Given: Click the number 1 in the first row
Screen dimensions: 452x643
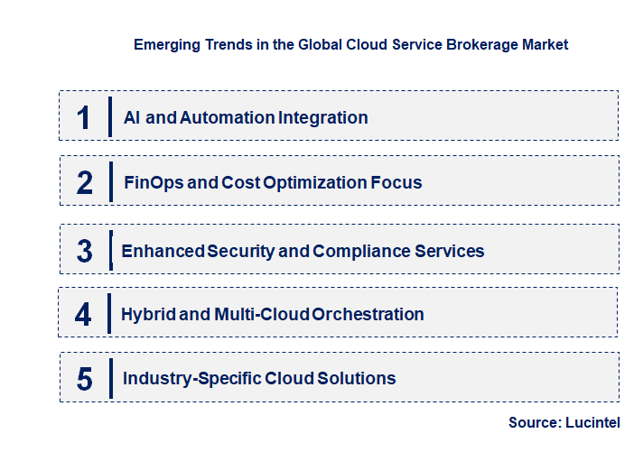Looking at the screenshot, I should (x=84, y=117).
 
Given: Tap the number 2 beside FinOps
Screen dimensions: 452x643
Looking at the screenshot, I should (x=85, y=183).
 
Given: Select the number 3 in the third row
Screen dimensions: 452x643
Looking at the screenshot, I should (x=85, y=251).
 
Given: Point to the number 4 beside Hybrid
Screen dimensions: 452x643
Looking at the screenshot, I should (x=84, y=315).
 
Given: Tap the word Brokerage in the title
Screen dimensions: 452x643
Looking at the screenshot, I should (x=484, y=44).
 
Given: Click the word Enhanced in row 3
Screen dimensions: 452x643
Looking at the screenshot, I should (x=163, y=251).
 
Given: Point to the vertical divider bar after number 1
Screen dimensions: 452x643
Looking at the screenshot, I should (x=109, y=117).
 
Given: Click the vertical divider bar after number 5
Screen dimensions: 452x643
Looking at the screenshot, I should (x=109, y=378).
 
